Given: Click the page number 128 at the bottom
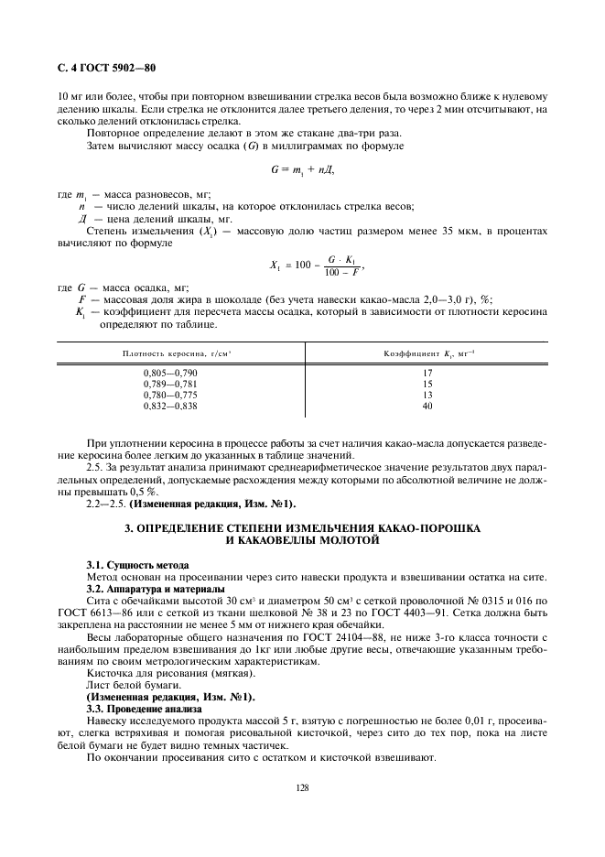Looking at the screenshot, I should tap(302, 785).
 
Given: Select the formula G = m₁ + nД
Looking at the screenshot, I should tap(302, 169).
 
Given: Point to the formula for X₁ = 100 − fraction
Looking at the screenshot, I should tap(317, 266).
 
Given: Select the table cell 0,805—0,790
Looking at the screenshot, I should tap(170, 374).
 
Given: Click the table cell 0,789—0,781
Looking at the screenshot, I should tap(170, 384).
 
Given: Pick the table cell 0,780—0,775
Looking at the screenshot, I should tap(170, 394).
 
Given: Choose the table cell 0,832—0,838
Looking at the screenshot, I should tap(170, 404).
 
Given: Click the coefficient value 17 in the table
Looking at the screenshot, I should tap(427, 374).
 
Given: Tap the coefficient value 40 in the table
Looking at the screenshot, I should tap(427, 404).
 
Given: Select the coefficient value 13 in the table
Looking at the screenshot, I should tap(427, 394).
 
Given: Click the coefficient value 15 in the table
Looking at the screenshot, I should tap(427, 384).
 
